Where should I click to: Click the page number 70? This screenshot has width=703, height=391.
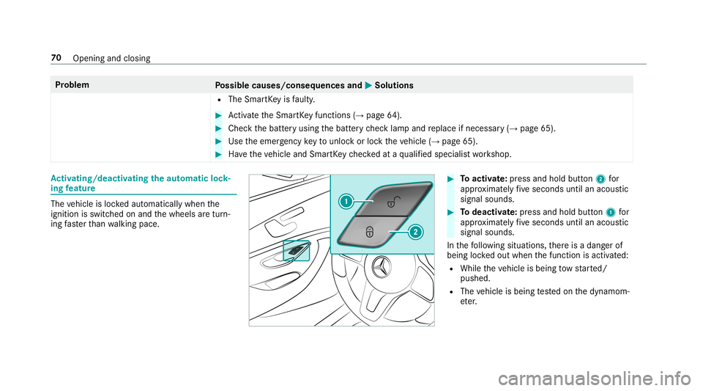point(56,58)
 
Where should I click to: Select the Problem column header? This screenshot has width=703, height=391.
point(72,85)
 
